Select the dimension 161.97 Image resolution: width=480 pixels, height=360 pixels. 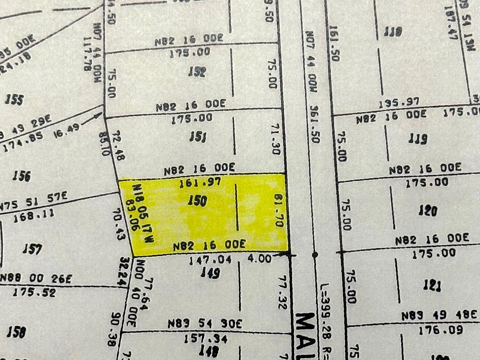tap(200, 183)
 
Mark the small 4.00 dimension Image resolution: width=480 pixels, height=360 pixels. tap(259, 259)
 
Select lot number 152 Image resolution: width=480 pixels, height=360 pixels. tap(196, 71)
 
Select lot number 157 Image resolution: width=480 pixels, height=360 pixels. tap(32, 248)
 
